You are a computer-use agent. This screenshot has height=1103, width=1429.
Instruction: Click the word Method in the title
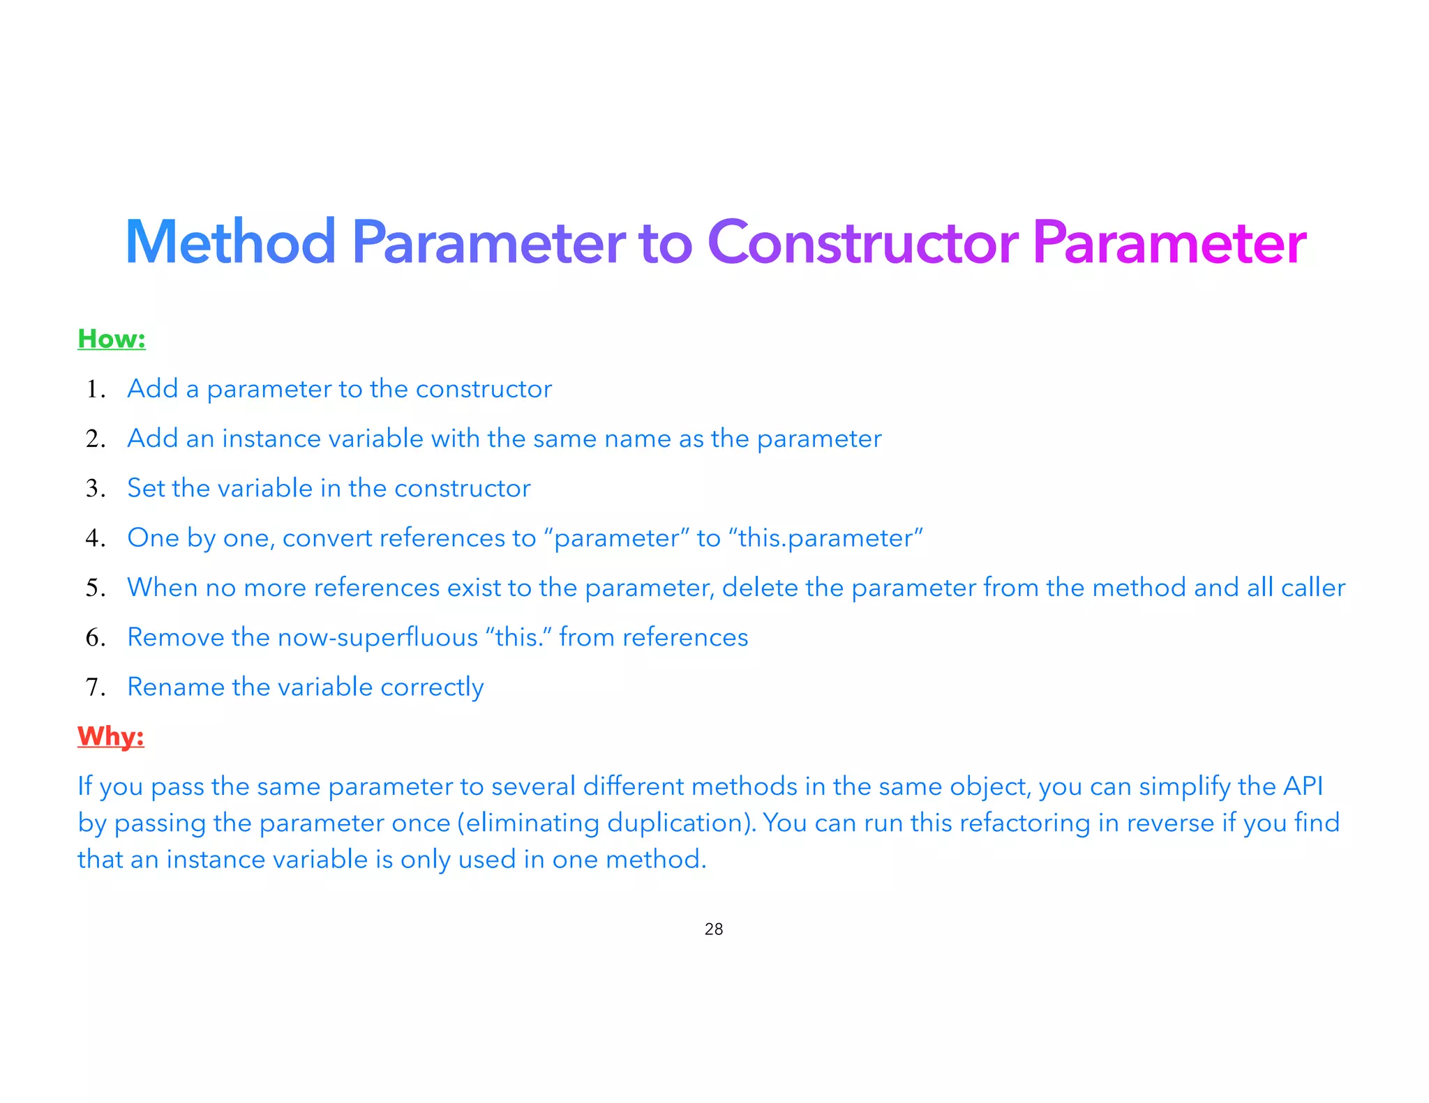pos(230,243)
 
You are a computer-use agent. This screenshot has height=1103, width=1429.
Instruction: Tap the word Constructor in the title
pos(862,243)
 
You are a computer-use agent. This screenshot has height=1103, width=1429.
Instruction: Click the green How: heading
pos(112,339)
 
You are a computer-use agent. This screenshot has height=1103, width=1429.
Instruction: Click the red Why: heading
pos(110,736)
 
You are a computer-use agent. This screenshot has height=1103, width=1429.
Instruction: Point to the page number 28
pos(714,929)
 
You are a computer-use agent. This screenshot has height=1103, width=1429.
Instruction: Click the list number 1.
pos(95,389)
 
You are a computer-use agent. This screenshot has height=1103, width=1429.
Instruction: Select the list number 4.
pos(95,538)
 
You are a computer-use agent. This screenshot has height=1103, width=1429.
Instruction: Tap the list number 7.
pos(95,687)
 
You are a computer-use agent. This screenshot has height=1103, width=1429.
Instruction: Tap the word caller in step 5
pos(1312,588)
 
